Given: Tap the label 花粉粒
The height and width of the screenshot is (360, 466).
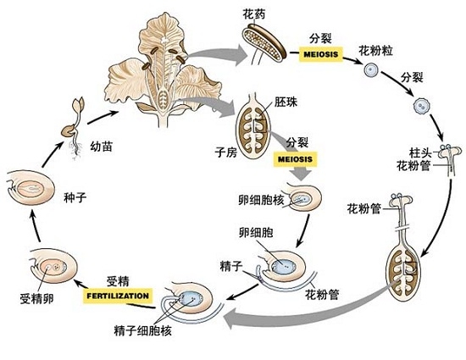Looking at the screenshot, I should [376, 51].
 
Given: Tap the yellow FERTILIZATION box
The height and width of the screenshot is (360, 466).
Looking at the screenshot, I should [118, 296].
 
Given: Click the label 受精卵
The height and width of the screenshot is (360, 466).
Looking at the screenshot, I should [36, 298].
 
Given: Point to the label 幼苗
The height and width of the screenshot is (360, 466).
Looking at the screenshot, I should [102, 145].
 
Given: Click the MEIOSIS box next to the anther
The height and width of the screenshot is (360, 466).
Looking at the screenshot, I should [318, 54].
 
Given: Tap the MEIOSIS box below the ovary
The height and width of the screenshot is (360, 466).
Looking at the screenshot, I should [293, 158].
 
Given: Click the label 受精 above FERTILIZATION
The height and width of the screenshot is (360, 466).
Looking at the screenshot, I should [118, 280].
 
